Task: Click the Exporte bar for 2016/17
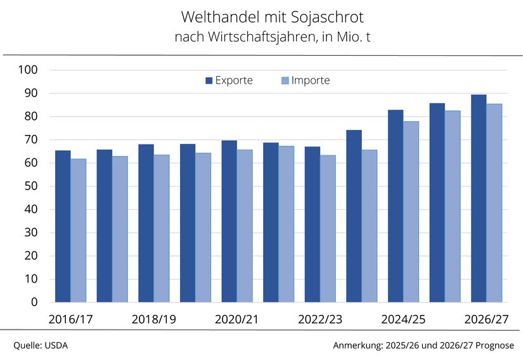(63, 226)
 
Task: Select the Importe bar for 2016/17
(79, 231)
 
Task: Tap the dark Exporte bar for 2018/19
(146, 223)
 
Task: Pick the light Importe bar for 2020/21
(245, 226)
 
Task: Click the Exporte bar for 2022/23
(313, 224)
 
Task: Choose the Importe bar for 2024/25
(411, 212)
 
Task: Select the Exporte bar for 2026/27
(479, 198)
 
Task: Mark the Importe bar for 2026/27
(494, 203)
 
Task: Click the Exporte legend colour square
(209, 80)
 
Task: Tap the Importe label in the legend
(311, 80)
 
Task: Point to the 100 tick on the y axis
(28, 70)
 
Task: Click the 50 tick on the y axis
(30, 186)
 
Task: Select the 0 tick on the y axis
(34, 302)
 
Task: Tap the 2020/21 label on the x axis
(236, 319)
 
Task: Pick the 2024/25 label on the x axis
(403, 319)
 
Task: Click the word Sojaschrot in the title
(327, 17)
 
